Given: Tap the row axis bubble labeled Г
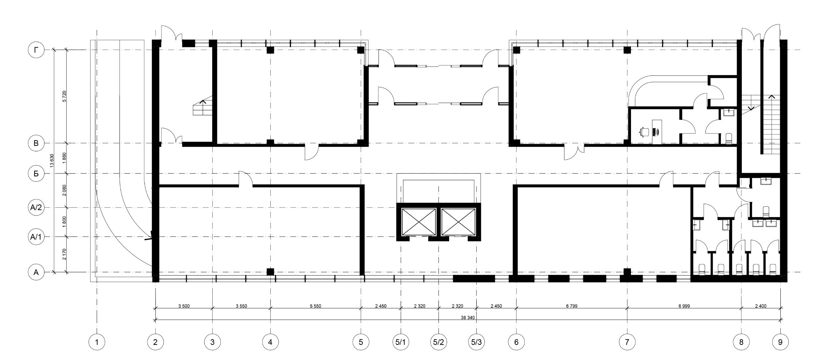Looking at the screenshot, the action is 36,50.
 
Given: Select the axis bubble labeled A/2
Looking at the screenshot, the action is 36,208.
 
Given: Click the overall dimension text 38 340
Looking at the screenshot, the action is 468,317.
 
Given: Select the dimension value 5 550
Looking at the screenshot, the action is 315,306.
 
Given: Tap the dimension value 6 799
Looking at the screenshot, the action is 572,306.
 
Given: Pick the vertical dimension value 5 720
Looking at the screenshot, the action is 64,96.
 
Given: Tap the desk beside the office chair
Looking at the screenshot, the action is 657,132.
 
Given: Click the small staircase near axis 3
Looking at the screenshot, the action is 202,106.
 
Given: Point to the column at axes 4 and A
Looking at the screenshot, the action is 270,272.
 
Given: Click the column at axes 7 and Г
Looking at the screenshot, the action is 627,50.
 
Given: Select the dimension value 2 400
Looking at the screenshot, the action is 761,306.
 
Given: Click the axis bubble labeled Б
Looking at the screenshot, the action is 36,174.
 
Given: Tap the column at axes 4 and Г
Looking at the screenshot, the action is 270,50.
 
